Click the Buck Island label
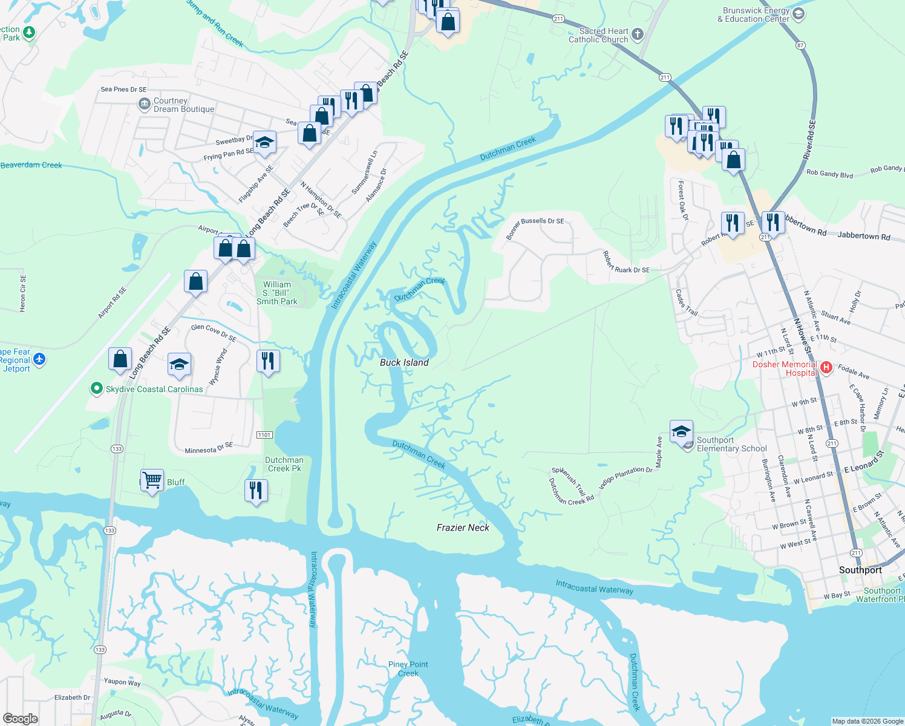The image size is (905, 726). [x=404, y=362]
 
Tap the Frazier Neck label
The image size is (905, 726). [x=463, y=528]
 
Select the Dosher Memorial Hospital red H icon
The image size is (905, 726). [x=826, y=368]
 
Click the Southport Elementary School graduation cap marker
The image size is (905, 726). [x=681, y=432]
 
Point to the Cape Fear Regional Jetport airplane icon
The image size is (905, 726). [x=39, y=359]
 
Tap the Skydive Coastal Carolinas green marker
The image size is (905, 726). [x=96, y=388]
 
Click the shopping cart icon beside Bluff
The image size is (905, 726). [x=152, y=481]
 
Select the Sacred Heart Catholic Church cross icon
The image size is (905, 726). [x=638, y=34]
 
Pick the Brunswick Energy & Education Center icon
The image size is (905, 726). [x=799, y=14]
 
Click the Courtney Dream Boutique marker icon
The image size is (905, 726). [x=145, y=105]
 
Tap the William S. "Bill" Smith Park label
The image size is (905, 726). [x=277, y=293]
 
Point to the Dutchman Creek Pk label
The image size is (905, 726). [x=284, y=464]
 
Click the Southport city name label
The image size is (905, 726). [x=860, y=570]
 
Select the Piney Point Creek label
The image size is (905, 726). [x=408, y=669]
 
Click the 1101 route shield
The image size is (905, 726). [x=264, y=435]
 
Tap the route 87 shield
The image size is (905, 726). [x=800, y=45]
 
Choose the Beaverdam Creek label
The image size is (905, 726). [x=31, y=165]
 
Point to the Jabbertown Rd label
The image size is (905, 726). [x=864, y=236]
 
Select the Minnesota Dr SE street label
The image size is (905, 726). [x=209, y=448]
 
